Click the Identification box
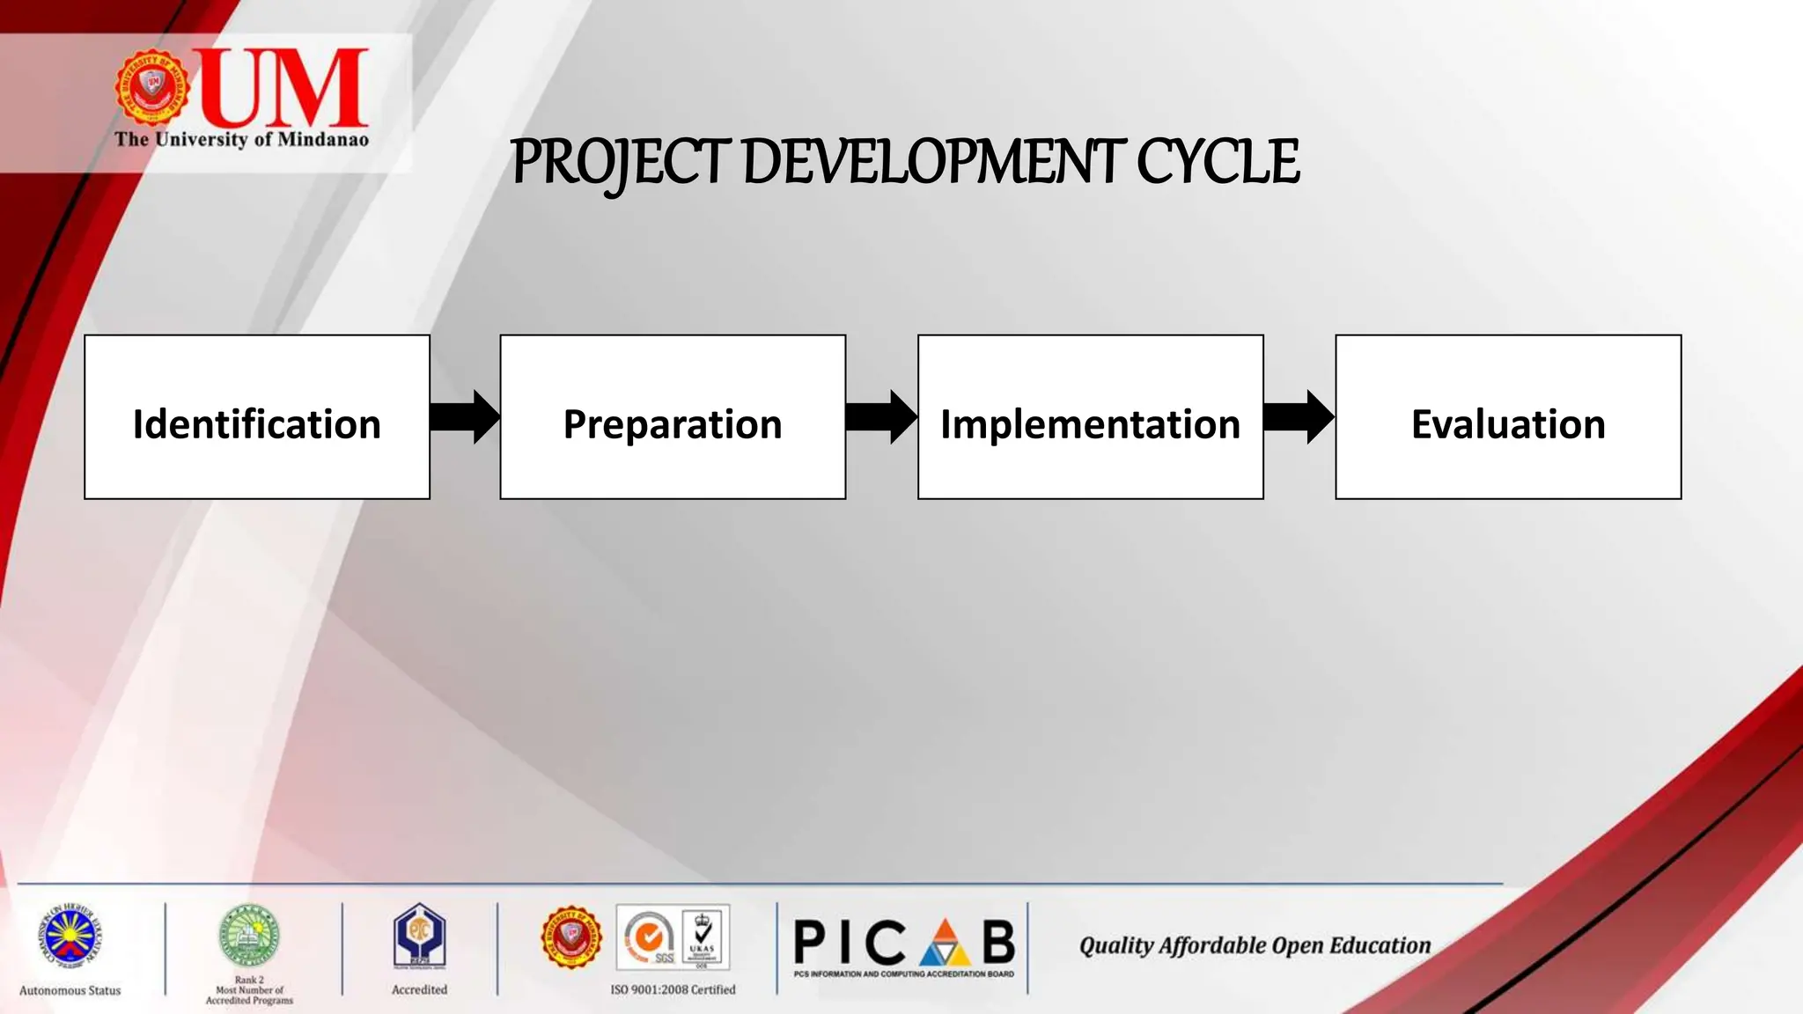(x=256, y=416)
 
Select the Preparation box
(x=673, y=416)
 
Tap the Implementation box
(x=1090, y=416)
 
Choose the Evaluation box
(x=1507, y=416)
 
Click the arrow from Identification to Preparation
(x=465, y=416)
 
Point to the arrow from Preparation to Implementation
(x=881, y=416)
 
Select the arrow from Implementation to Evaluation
(x=1299, y=416)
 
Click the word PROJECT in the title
(x=621, y=163)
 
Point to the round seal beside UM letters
(x=153, y=86)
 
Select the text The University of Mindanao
(x=241, y=140)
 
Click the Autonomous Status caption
(x=70, y=990)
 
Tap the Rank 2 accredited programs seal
(x=249, y=937)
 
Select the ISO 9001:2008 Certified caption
(x=673, y=989)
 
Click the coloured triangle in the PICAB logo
(x=945, y=944)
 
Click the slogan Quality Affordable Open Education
(x=1255, y=945)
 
